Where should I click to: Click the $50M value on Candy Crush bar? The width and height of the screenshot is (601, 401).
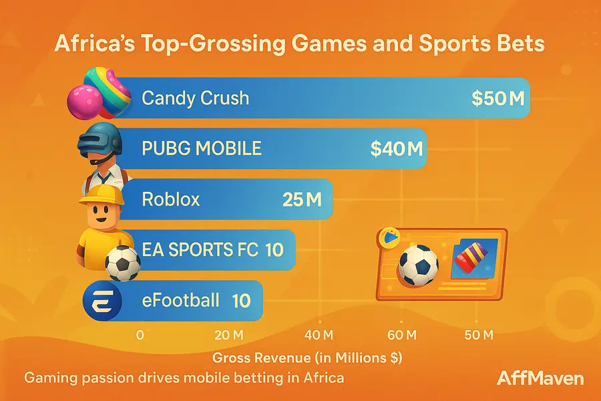tap(498, 98)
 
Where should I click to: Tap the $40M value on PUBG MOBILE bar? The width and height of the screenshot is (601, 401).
tap(397, 148)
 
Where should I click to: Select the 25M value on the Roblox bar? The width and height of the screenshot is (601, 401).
tap(303, 199)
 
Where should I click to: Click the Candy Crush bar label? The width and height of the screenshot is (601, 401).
tap(196, 98)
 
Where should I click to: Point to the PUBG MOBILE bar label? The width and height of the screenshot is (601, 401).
tap(202, 148)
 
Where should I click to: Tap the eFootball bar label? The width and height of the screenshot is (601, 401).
tap(180, 300)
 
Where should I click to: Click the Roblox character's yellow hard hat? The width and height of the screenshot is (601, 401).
tap(102, 194)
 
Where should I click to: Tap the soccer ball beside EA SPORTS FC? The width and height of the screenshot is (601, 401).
tap(123, 263)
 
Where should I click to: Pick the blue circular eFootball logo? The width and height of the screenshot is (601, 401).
tap(102, 301)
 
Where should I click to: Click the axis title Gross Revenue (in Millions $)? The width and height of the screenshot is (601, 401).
tap(307, 358)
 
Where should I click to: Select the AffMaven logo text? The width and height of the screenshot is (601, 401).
tap(540, 379)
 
